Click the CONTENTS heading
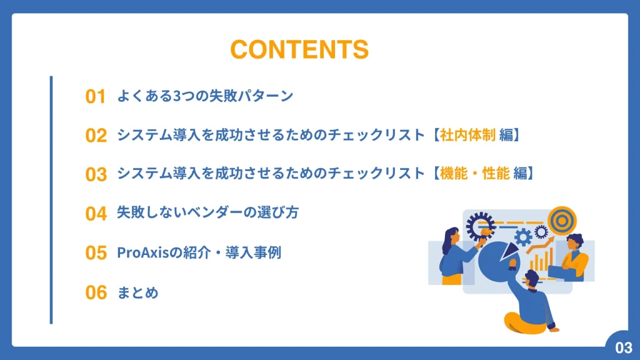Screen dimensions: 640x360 point(299,49)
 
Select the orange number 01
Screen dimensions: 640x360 point(96,97)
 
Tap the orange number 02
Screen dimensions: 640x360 point(96,136)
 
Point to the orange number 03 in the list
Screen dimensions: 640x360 point(96,174)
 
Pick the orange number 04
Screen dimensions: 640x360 point(96,214)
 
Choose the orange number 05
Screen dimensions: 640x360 point(96,252)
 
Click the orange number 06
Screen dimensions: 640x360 point(96,292)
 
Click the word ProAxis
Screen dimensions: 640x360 point(143,252)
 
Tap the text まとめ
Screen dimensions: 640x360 point(137,292)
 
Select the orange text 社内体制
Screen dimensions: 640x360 point(467,135)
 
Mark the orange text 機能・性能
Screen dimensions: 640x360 point(475,174)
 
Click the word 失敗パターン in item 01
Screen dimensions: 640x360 point(251,96)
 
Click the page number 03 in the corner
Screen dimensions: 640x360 point(623,347)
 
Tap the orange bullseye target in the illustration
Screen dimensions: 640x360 point(562,221)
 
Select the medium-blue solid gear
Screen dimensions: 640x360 point(523,237)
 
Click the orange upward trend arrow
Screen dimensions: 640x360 point(539,245)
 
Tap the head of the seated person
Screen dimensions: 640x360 point(531,278)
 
